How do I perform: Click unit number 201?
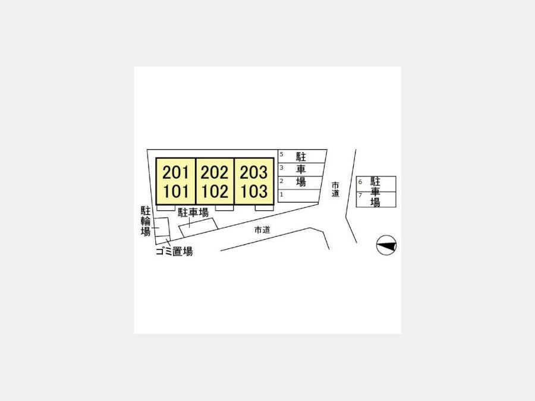tap(176, 172)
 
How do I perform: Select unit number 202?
tap(215, 172)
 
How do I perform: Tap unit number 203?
tap(253, 172)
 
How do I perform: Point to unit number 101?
tap(176, 191)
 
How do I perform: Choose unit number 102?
tap(215, 191)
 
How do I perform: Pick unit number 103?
tap(254, 191)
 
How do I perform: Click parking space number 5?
tap(282, 154)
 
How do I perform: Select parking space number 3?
tap(282, 168)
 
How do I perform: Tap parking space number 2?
tap(282, 181)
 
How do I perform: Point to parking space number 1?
tap(282, 195)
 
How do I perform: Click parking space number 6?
tap(360, 182)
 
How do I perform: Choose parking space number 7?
tap(360, 195)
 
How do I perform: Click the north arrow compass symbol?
tap(386, 245)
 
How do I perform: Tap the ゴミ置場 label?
tap(174, 251)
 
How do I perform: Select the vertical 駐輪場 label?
tap(146, 220)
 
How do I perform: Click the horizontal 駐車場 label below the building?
tap(193, 213)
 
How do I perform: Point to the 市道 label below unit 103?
tap(262, 230)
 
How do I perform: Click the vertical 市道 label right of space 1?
tap(335, 190)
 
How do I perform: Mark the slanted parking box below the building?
tap(198, 228)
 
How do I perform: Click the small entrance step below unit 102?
tap(224, 208)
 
